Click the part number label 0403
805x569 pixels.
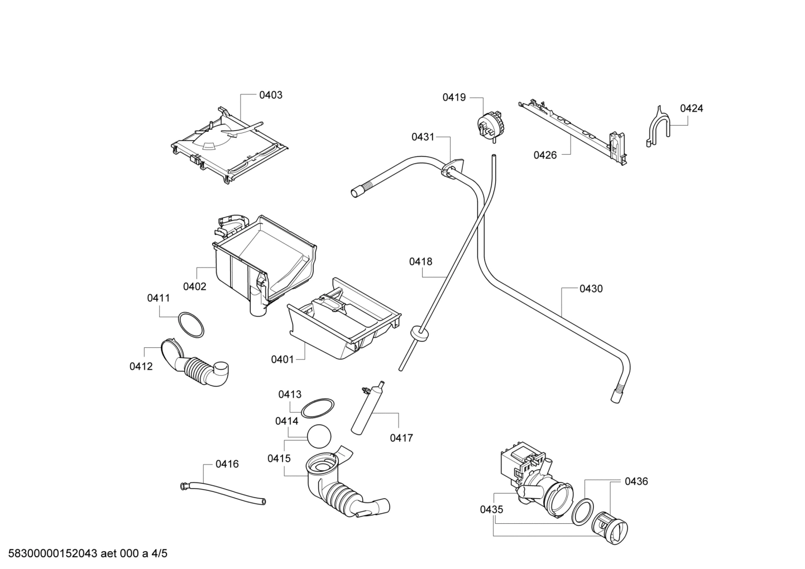(x=270, y=95)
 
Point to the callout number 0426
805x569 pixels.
(x=545, y=155)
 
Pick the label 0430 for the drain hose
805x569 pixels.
(x=591, y=289)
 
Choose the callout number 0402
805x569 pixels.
(x=194, y=286)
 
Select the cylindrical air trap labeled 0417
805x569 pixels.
(x=366, y=408)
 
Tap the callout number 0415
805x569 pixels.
(x=279, y=458)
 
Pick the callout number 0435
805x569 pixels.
(x=491, y=509)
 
